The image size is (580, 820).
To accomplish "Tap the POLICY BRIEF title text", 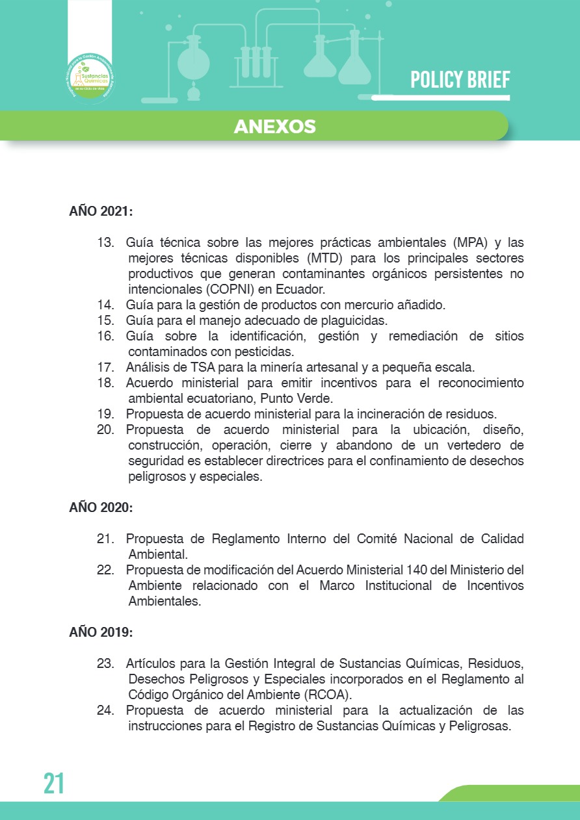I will (x=460, y=80).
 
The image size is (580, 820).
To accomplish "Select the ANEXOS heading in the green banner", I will (x=274, y=126).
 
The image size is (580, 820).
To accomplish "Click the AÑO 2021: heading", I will (x=101, y=212).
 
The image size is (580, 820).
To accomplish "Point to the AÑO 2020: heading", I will (x=101, y=508).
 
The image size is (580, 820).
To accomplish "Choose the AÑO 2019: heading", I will (x=101, y=632).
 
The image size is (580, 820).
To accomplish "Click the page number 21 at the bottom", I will (x=55, y=783).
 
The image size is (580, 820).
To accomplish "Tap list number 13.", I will (x=105, y=243).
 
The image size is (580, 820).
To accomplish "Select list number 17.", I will (x=105, y=367).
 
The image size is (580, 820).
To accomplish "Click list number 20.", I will (x=105, y=429).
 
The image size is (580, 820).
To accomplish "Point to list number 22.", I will (x=105, y=570).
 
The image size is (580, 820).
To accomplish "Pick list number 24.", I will (x=105, y=710).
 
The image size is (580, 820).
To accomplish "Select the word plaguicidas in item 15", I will (x=356, y=320).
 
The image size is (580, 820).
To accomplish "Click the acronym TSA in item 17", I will (x=190, y=367).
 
